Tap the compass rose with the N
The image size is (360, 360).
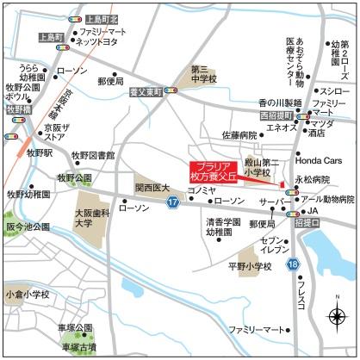click(337, 319)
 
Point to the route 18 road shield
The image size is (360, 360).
click(294, 263)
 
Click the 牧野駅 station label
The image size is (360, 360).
click(40, 152)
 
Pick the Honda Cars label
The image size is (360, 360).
click(319, 160)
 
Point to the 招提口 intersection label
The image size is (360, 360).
click(309, 222)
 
